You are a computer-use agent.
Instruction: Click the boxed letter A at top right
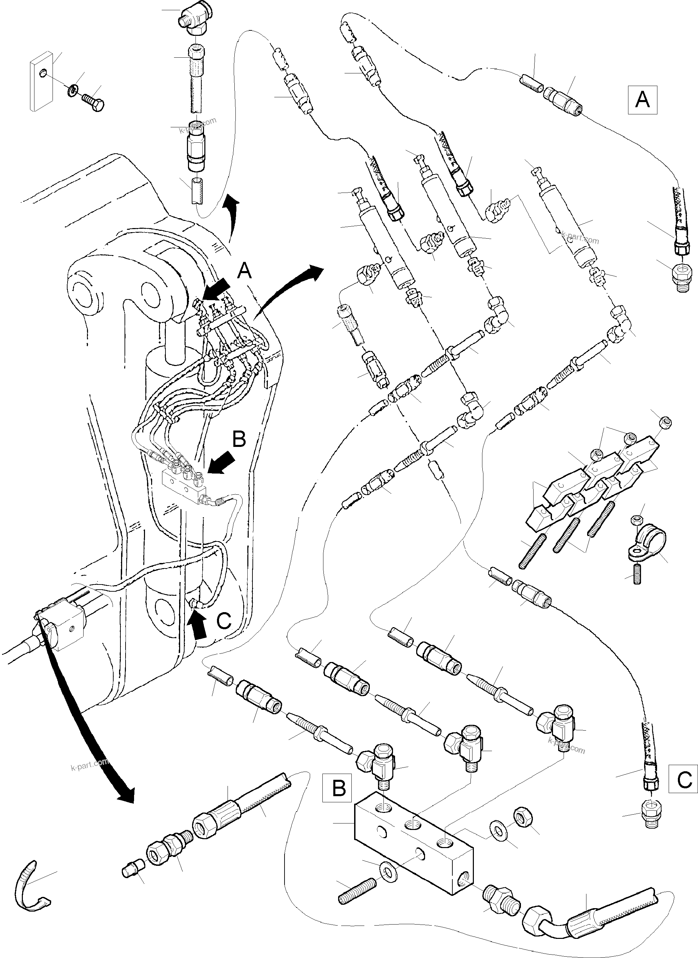pyautogui.click(x=642, y=100)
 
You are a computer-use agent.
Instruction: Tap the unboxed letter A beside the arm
pyautogui.click(x=244, y=271)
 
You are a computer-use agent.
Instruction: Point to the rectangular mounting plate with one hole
pyautogui.click(x=41, y=82)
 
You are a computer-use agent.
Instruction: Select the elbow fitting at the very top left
pyautogui.click(x=192, y=21)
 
